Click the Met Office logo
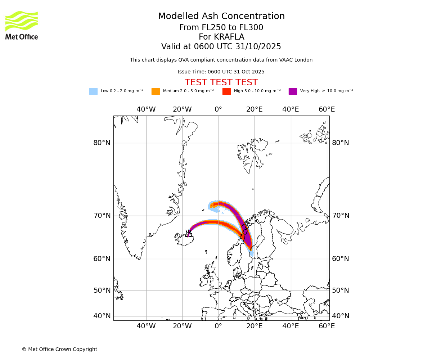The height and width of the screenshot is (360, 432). tap(22, 25)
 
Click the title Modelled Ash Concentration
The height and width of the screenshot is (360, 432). tap(221, 17)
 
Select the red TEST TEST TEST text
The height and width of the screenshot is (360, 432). tap(221, 82)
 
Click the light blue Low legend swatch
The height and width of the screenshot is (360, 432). tap(93, 91)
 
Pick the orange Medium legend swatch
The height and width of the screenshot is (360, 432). tap(156, 91)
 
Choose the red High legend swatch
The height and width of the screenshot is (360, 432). tap(226, 91)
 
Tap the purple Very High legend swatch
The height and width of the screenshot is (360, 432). tap(293, 91)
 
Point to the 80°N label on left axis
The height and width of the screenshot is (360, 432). tap(102, 143)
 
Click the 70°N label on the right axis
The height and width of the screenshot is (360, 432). tap(341, 216)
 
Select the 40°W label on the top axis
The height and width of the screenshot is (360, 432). tap(146, 109)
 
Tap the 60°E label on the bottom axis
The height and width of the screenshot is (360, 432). tap(327, 326)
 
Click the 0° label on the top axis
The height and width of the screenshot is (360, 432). tap(219, 109)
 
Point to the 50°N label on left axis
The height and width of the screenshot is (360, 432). tap(102, 291)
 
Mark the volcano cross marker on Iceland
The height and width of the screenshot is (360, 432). tap(189, 232)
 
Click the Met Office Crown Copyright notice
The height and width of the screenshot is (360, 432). tap(59, 349)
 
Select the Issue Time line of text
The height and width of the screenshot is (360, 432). tap(221, 72)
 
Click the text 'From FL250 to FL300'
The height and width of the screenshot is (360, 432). tap(221, 28)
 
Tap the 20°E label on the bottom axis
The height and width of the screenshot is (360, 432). tap(255, 326)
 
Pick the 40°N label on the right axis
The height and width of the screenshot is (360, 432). tap(341, 316)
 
